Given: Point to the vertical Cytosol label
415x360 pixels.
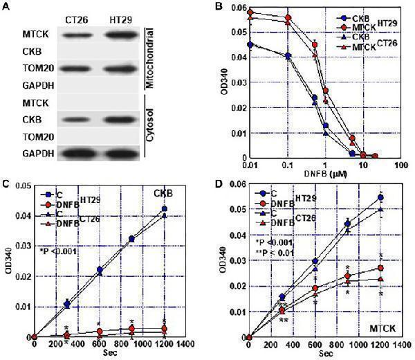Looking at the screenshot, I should point(149,132).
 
